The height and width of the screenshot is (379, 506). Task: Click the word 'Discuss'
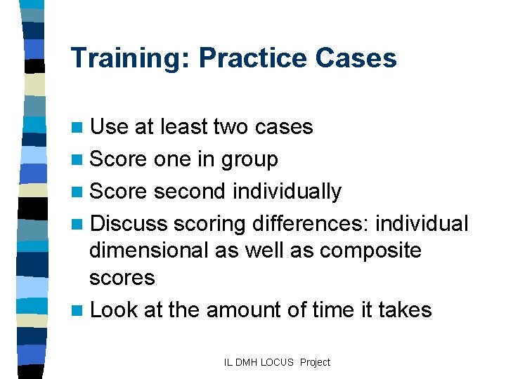129,223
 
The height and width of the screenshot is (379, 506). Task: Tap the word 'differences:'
310,223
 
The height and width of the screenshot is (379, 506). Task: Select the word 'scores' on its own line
122,278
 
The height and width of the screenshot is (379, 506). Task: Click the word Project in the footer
315,362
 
